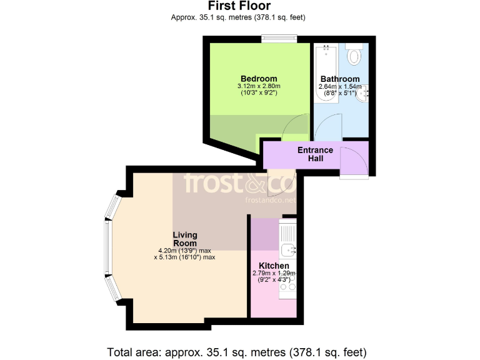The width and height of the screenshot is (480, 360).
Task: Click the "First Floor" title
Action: coord(239,6)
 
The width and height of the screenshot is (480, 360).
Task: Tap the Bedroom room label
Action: coord(258,79)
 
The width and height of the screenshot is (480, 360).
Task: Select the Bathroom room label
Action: coord(340,79)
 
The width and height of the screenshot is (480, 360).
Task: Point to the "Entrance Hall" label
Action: coord(315,154)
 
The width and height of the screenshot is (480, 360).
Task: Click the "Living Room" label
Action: coord(185,239)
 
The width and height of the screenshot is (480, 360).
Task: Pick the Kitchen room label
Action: coord(274,266)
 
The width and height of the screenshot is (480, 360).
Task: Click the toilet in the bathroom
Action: coord(354,56)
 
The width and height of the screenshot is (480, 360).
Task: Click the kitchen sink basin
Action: coord(288,251)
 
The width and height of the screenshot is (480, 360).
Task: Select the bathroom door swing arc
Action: coord(326,128)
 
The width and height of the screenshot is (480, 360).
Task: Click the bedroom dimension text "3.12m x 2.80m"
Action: coord(258,86)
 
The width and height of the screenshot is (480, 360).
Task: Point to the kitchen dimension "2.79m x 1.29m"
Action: coord(274,273)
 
